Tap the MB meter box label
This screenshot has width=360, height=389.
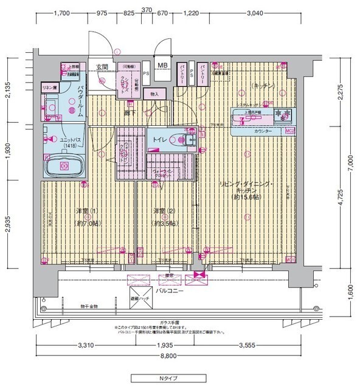coord(164,65)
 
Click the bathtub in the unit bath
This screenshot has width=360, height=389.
coord(64,165)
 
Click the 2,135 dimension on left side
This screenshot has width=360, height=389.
coord(8,89)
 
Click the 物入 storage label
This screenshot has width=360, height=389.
coord(154,94)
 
